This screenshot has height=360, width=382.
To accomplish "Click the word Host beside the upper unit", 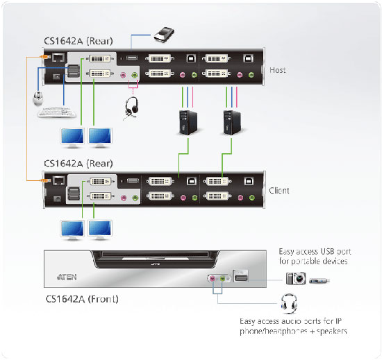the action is (x=278, y=70).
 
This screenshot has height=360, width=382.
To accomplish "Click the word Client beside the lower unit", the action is (x=279, y=190).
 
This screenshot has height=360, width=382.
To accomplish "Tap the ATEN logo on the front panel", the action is (x=67, y=277).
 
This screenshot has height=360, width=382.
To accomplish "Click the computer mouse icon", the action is (x=38, y=98).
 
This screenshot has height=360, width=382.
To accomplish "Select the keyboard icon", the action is (x=57, y=112).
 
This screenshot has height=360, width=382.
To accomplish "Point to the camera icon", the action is (x=296, y=278).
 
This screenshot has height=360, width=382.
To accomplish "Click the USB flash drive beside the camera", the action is (x=319, y=281).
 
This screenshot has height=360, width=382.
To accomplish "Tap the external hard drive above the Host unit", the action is (x=164, y=35).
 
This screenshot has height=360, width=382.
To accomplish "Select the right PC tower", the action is (x=232, y=123).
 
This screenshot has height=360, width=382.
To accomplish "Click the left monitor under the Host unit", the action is (x=72, y=137).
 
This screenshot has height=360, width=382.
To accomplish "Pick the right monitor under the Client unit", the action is (x=100, y=230).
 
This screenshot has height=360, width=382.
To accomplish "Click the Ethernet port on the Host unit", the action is (x=58, y=58).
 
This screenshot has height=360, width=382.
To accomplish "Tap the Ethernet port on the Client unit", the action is (x=59, y=180).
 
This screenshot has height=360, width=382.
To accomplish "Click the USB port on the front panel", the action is (x=241, y=276).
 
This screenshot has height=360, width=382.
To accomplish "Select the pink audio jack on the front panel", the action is (x=213, y=278).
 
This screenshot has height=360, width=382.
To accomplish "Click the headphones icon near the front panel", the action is (x=289, y=304).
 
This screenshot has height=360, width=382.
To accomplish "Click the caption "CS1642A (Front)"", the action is (x=82, y=299).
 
